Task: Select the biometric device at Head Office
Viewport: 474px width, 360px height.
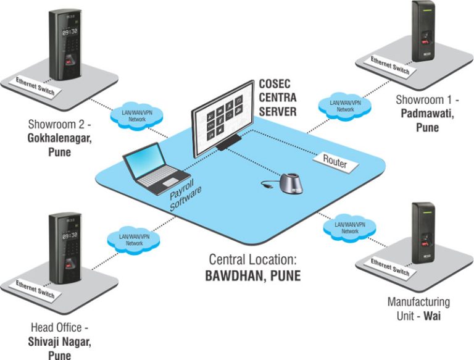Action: pos(67,247)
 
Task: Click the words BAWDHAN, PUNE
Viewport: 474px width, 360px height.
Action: pos(252,275)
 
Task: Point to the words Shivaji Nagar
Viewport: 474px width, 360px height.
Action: pos(58,341)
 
